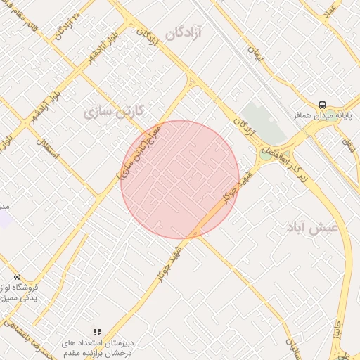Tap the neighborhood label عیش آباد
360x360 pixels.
[x=313, y=228]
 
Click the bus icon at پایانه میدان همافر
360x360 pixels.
[x=322, y=104]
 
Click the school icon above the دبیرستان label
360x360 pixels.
[x=97, y=331]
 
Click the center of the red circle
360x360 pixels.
[x=180, y=179]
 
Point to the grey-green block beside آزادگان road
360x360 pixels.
[x=263, y=122]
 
